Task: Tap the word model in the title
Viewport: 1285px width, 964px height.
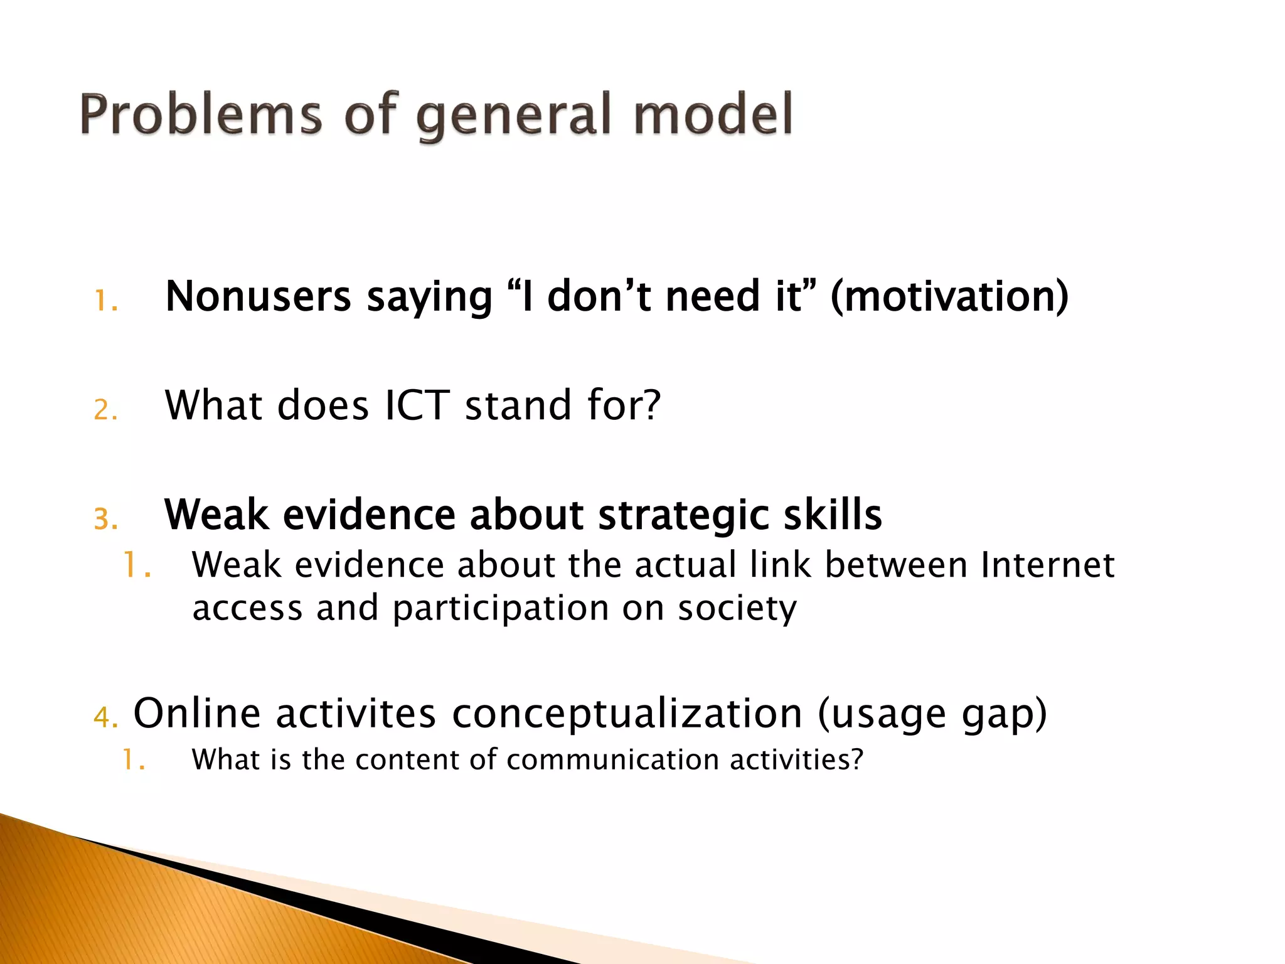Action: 713,115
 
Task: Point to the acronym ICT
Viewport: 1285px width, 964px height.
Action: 417,405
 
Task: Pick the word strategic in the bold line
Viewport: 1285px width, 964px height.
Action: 683,516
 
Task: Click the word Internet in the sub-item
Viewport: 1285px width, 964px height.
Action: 1047,564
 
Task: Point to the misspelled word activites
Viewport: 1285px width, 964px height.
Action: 356,714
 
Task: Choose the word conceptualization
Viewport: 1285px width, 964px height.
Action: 627,714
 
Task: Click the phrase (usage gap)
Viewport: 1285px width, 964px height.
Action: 932,715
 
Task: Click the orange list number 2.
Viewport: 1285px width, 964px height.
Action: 104,410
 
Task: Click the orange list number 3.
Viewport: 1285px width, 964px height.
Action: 104,520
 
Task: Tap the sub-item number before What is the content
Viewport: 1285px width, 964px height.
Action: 132,760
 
